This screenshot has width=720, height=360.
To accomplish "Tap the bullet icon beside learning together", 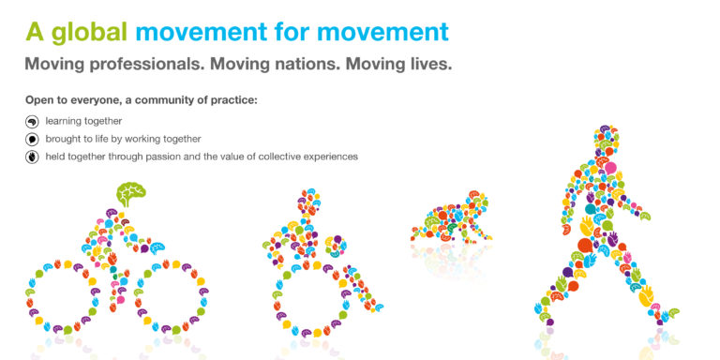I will [x=32, y=121].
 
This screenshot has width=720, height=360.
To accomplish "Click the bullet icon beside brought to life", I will [x=32, y=139].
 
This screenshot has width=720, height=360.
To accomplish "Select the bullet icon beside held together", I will [x=32, y=157].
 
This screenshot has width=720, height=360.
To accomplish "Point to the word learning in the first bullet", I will [x=64, y=121].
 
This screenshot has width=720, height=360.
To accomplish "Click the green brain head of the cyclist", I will [x=130, y=193].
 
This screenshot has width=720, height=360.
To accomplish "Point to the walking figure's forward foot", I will [x=666, y=314].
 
